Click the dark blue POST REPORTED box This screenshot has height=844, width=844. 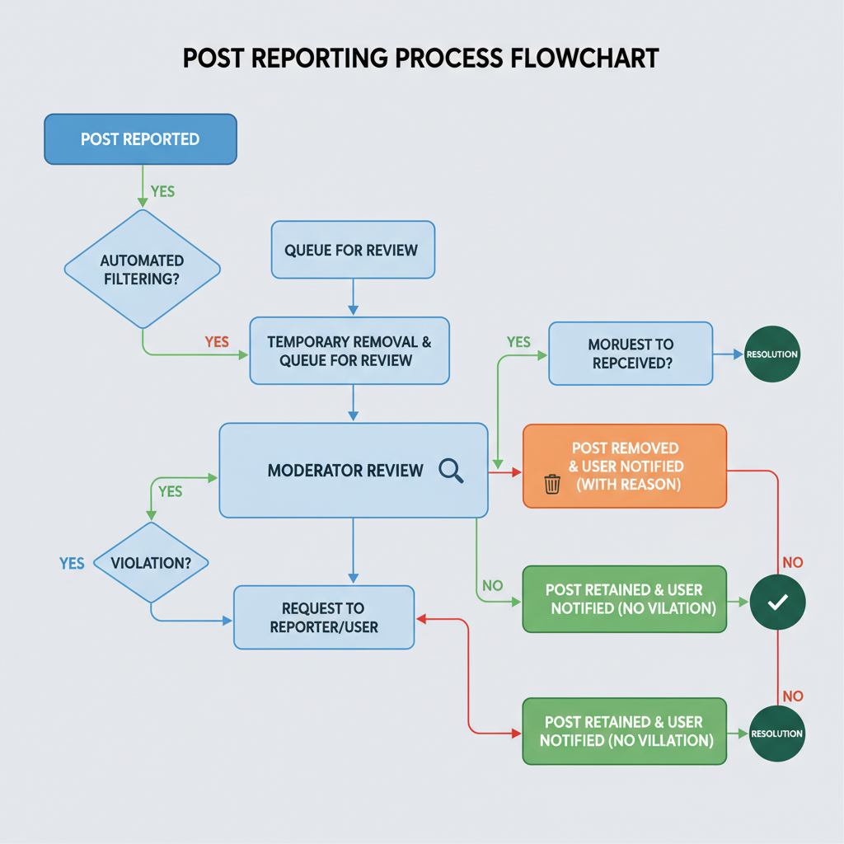pos(140,138)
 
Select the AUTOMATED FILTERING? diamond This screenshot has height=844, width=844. pos(142,270)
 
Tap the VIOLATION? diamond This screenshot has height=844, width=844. pos(150,564)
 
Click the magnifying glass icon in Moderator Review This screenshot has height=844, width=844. pos(451,471)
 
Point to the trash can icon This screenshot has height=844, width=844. pos(552,484)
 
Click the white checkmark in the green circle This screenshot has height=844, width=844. pos(777,603)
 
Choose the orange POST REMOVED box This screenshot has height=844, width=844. pos(625,466)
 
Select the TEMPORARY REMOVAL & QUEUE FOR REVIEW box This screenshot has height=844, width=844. pos(349,350)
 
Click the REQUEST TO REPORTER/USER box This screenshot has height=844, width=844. pos(324,617)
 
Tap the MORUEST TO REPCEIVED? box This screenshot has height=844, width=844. pos(631,353)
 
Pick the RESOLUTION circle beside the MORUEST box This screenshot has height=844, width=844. pos(772,354)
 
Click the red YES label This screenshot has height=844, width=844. pos(217,341)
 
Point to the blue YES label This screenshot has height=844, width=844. pos(72,564)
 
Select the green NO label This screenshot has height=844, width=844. pos(492,586)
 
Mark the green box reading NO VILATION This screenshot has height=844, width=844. pos(625,599)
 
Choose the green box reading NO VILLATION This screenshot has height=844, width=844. pos(625,731)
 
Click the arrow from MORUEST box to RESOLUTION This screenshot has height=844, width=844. pos(729,354)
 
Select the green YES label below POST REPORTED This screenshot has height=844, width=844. pos(162,191)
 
